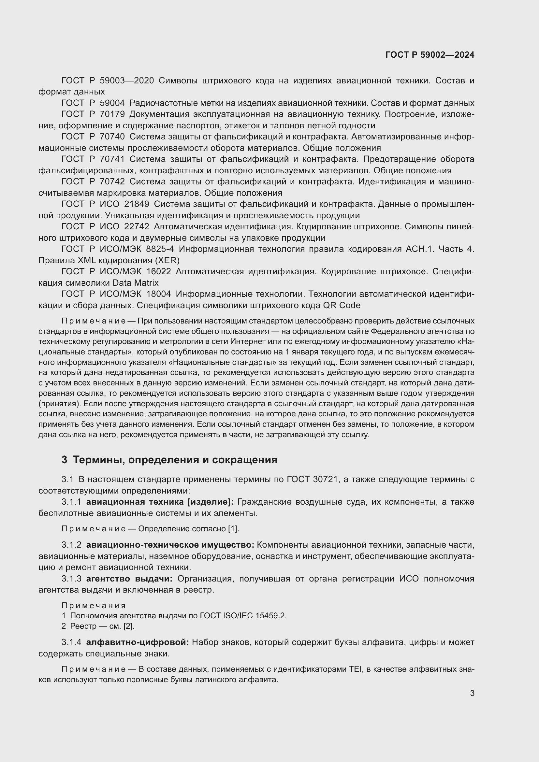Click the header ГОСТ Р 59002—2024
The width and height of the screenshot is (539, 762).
point(430,55)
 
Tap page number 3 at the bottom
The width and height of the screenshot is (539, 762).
point(472,693)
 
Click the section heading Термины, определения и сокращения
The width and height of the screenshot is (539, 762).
point(175,460)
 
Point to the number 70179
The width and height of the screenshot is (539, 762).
point(112,114)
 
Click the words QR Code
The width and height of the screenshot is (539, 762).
point(342,305)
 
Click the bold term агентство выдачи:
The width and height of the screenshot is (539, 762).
point(129,579)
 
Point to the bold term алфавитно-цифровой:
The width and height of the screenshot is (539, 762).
point(138,642)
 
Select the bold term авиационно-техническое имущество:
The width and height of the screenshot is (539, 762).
point(170,545)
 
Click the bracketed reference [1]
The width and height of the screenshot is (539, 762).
point(233,529)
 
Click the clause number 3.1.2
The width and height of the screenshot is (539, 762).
point(71,545)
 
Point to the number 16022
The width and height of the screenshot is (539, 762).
point(158,271)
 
